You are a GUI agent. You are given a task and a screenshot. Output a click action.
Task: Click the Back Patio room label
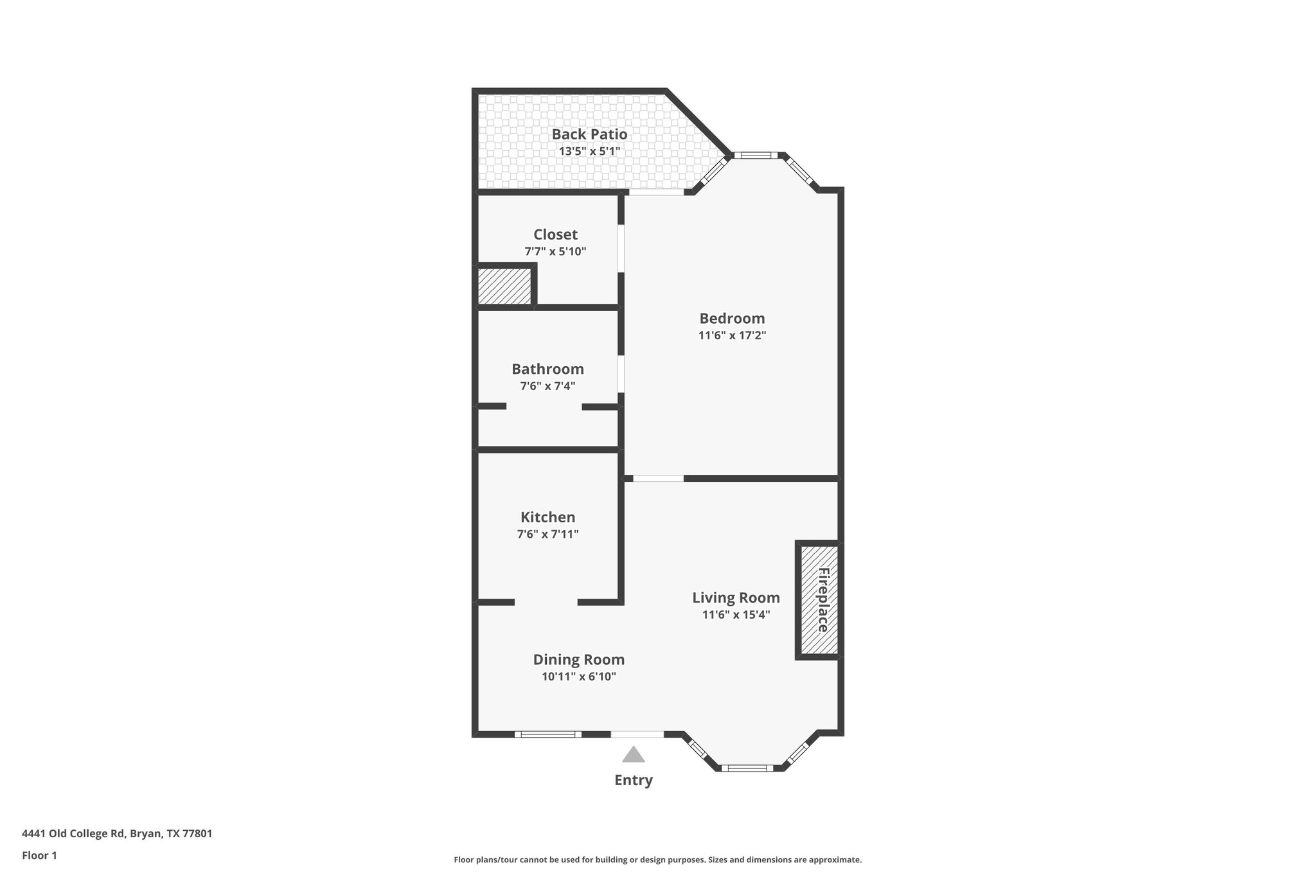[589, 134]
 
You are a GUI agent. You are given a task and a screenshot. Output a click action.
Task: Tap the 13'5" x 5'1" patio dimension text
[589, 152]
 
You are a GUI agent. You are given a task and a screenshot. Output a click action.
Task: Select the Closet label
[555, 235]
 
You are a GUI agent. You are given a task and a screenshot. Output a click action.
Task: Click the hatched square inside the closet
[504, 286]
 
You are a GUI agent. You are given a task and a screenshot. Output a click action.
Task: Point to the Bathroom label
[547, 369]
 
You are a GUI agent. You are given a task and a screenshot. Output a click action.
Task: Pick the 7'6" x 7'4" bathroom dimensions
[547, 386]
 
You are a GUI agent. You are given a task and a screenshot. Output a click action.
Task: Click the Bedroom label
[732, 319]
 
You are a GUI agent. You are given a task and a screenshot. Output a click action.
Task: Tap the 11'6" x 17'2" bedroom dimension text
[732, 335]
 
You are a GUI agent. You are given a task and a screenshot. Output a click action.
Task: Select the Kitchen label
[547, 517]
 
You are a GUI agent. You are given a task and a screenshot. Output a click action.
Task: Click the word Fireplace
[823, 600]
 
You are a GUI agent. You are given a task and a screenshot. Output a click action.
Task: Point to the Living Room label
[736, 598]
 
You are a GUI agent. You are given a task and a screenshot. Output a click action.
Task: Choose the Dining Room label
[578, 660]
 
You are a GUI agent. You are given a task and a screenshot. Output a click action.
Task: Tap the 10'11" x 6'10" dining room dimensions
[578, 677]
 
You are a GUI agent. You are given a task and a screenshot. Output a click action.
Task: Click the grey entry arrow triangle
[634, 755]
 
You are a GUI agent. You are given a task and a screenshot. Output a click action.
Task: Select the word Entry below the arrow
[634, 780]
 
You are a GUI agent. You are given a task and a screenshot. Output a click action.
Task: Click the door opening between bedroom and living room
[658, 478]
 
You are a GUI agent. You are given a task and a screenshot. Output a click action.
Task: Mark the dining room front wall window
[547, 734]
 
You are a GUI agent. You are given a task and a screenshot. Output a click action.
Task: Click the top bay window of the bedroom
[755, 155]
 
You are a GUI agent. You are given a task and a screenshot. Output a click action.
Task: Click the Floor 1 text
[39, 855]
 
